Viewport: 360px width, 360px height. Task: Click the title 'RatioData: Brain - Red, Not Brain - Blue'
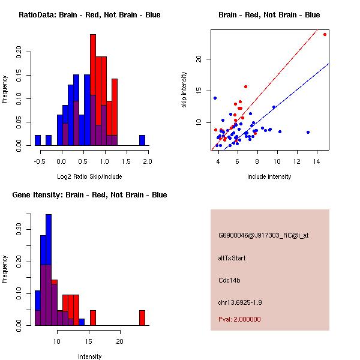pyautogui.click(x=89, y=15)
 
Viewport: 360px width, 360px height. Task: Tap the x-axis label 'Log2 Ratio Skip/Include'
pyautogui.click(x=89, y=176)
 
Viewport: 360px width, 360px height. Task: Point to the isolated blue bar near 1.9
pyautogui.click(x=142, y=140)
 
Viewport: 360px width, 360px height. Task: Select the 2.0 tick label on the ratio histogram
pyautogui.click(x=148, y=161)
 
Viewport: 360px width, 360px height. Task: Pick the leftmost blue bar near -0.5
pyautogui.click(x=38, y=140)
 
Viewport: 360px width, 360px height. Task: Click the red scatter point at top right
pyautogui.click(x=325, y=34)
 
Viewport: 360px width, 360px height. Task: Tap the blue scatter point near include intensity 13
pyautogui.click(x=308, y=132)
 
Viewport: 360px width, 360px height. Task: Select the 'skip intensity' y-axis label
pyautogui.click(x=184, y=90)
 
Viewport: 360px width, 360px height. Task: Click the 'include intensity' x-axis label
pyautogui.click(x=269, y=176)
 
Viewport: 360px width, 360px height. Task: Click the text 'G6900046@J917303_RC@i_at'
pyautogui.click(x=263, y=236)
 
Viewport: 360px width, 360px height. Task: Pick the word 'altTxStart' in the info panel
pyautogui.click(x=232, y=258)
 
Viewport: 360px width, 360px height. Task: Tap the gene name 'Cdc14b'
pyautogui.click(x=229, y=280)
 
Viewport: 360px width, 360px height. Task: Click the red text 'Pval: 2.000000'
pyautogui.click(x=239, y=319)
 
